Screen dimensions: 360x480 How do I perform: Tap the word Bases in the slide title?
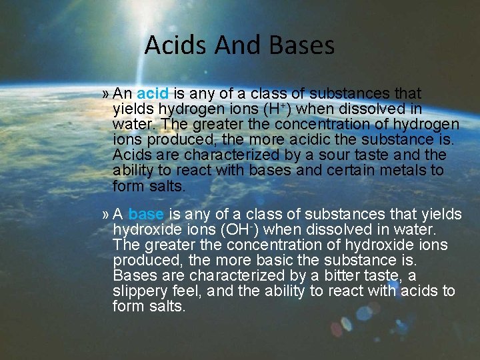pyautogui.click(x=301, y=45)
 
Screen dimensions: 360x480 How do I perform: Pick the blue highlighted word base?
pyautogui.click(x=145, y=214)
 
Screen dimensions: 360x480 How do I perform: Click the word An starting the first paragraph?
pyautogui.click(x=123, y=93)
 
